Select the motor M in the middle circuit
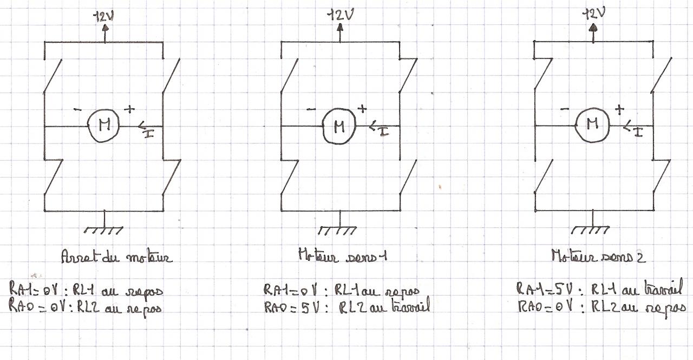point(339,127)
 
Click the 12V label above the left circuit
point(105,16)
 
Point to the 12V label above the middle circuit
point(340,16)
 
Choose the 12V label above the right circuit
point(593,15)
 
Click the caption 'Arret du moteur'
point(117,258)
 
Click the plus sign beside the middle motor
point(362,109)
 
